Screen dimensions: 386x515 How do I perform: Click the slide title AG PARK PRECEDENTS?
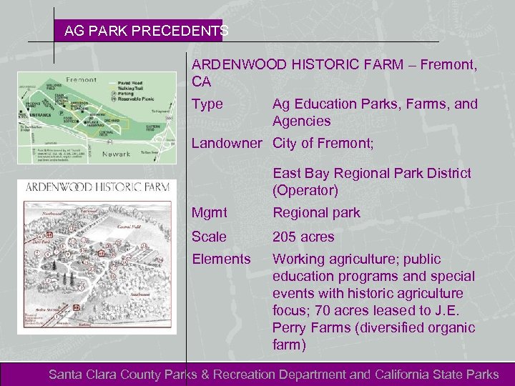pyautogui.click(x=146, y=31)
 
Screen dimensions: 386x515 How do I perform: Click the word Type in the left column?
pyautogui.click(x=207, y=104)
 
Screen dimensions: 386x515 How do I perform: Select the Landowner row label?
pyautogui.click(x=227, y=143)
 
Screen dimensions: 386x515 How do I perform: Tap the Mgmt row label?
pyautogui.click(x=210, y=212)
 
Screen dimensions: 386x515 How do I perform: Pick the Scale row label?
pyautogui.click(x=209, y=237)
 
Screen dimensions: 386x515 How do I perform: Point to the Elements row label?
pyautogui.click(x=221, y=259)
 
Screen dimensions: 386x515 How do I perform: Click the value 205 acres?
pyautogui.click(x=303, y=237)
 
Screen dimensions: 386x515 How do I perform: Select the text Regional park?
pyautogui.click(x=316, y=212)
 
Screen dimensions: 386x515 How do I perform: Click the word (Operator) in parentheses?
pyautogui.click(x=305, y=191)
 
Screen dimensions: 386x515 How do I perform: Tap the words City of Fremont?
pyautogui.click(x=323, y=143)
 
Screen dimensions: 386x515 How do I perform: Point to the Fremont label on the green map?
pyautogui.click(x=81, y=79)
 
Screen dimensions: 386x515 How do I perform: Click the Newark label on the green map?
pyautogui.click(x=96, y=154)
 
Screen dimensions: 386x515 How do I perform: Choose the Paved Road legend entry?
pyautogui.click(x=129, y=80)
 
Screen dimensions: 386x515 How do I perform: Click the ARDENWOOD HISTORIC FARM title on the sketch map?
pyautogui.click(x=98, y=187)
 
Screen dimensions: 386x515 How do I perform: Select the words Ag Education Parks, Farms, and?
pyautogui.click(x=375, y=104)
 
